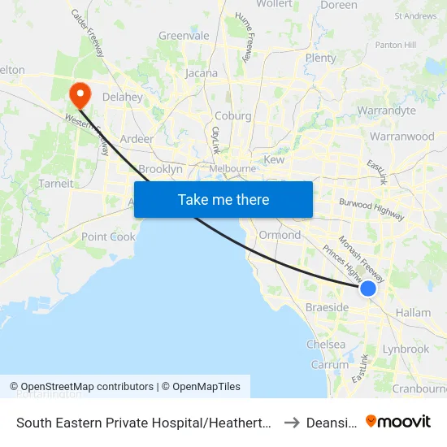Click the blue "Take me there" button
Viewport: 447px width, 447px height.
pos(223,199)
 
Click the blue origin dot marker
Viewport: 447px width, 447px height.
pos(368,289)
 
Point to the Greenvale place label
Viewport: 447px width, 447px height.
pos(184,36)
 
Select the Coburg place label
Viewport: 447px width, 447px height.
pos(232,115)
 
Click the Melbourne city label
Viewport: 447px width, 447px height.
pos(232,168)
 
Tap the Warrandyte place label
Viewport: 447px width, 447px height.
pos(386,111)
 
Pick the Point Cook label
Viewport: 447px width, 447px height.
pos(108,237)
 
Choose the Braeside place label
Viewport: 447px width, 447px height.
pos(327,307)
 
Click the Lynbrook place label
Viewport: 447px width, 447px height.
pos(406,349)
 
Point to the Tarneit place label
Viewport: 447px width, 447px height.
pos(56,184)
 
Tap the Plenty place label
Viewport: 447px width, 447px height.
pos(320,58)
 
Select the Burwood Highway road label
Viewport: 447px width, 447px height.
pos(371,209)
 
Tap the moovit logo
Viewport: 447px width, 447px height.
pos(398,422)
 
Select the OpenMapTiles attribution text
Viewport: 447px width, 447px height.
pos(204,387)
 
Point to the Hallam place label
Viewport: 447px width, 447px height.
pos(412,312)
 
